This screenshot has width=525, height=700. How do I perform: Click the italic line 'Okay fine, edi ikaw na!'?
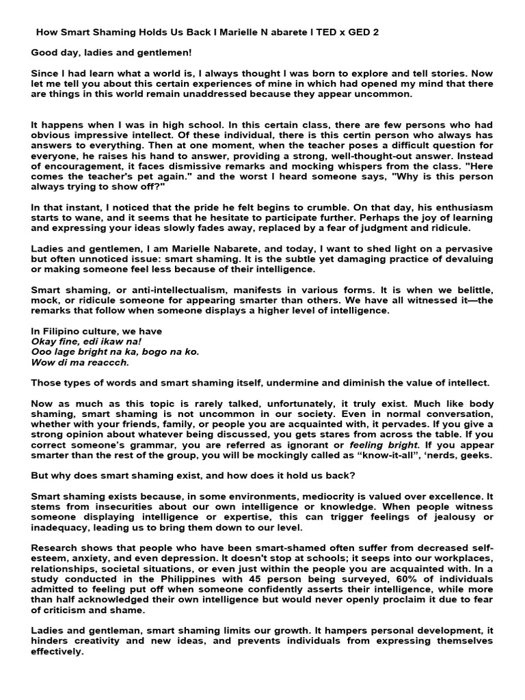(86, 341)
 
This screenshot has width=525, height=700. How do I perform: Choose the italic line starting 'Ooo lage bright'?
(115, 351)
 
